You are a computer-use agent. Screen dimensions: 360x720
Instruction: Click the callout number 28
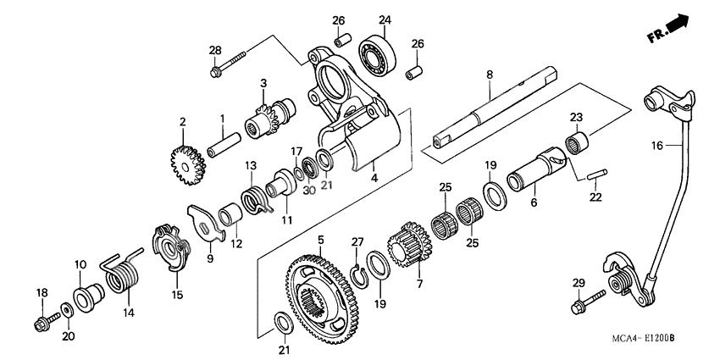(x=215, y=52)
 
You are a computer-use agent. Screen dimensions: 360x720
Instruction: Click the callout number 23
(x=576, y=117)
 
